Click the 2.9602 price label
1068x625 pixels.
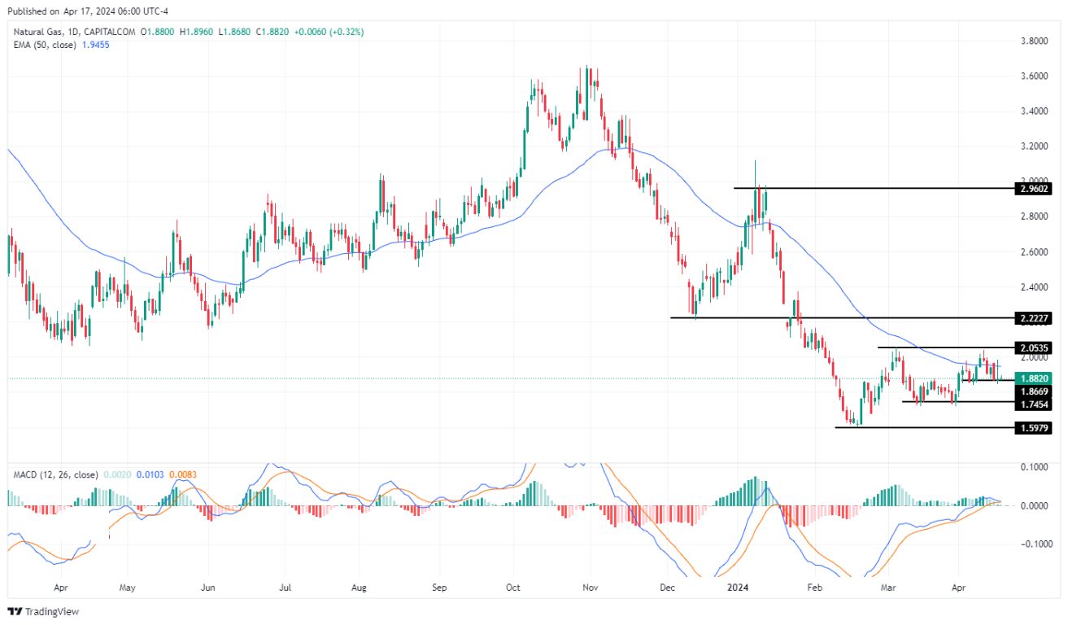click(x=1034, y=189)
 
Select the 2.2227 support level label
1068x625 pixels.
click(x=1034, y=318)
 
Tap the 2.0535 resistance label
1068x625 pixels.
click(x=1034, y=348)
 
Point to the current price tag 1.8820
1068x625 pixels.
click(x=1034, y=378)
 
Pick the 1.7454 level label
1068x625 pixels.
click(x=1034, y=404)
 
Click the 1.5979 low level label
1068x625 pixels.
click(x=1034, y=428)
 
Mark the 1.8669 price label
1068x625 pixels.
click(x=1034, y=391)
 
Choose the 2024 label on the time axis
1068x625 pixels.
click(x=737, y=586)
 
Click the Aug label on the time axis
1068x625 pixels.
click(x=360, y=586)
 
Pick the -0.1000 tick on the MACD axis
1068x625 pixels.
click(x=1034, y=544)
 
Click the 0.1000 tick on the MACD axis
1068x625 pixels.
click(x=1034, y=467)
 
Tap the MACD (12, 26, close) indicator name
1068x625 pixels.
click(x=55, y=474)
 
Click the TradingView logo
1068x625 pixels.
click(x=44, y=611)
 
